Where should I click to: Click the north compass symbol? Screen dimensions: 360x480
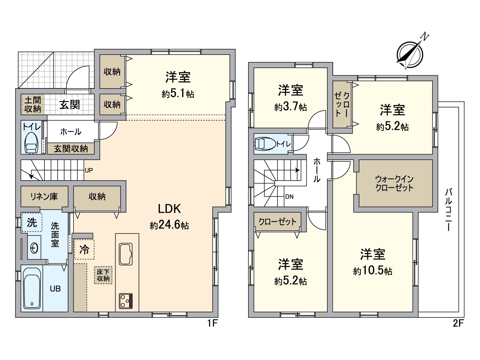(x=410, y=55)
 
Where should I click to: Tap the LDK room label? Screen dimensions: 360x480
(x=169, y=209)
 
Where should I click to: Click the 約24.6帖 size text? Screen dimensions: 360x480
(x=169, y=225)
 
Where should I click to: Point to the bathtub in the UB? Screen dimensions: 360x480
(x=31, y=289)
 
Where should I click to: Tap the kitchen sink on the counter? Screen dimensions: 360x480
(x=126, y=254)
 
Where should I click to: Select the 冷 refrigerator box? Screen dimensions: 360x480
(x=84, y=249)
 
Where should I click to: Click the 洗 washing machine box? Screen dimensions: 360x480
(x=32, y=223)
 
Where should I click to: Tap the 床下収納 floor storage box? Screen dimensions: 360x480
(x=103, y=275)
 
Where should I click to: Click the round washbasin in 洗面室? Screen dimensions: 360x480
(x=34, y=248)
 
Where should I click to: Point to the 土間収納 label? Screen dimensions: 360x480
(x=33, y=104)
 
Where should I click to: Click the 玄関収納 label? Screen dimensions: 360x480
(x=71, y=148)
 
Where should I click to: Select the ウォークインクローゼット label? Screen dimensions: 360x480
(x=394, y=183)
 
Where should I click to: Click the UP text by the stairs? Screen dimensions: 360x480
(x=89, y=170)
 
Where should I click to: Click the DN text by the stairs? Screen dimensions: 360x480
(x=289, y=197)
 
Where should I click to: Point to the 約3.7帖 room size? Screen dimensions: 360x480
(x=290, y=107)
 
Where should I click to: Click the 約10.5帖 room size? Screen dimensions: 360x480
(x=373, y=271)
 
